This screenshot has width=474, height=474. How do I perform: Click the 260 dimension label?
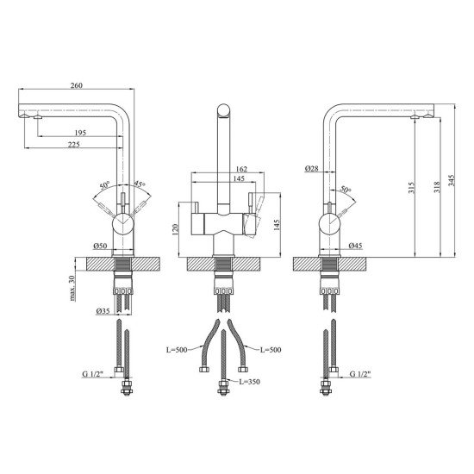click(76, 85)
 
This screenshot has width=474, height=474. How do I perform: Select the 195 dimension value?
click(80, 133)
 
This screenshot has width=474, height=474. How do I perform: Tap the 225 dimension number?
click(74, 145)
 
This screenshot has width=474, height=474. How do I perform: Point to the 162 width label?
click(241, 169)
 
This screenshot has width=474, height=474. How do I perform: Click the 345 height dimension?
click(451, 180)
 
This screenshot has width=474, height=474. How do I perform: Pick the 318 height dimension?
click(437, 187)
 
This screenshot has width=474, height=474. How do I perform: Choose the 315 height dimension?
click(411, 187)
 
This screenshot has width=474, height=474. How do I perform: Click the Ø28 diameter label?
click(312, 168)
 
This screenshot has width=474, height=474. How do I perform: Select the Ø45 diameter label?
click(355, 246)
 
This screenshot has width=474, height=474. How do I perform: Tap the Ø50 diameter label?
click(100, 246)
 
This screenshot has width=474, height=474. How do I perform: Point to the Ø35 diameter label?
click(103, 310)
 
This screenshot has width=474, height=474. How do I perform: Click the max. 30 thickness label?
click(72, 288)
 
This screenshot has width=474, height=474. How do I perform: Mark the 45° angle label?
click(140, 184)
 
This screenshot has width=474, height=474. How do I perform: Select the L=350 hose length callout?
click(249, 382)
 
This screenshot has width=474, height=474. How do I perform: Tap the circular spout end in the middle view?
click(223, 110)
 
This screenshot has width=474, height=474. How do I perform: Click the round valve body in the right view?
click(330, 224)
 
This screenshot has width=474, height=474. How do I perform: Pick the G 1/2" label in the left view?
click(93, 374)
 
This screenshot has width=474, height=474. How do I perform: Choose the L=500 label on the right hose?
click(271, 350)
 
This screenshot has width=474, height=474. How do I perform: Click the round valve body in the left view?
click(123, 224)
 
